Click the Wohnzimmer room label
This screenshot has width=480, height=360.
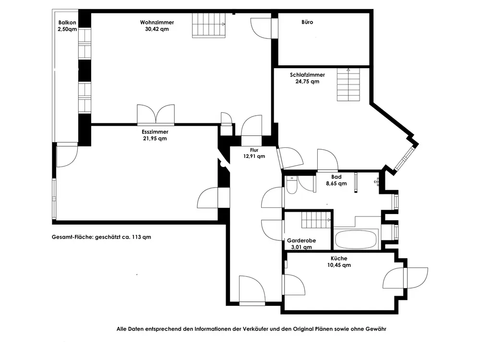[157, 23]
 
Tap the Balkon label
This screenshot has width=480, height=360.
[67, 23]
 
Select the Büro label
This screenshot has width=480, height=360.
[307, 22]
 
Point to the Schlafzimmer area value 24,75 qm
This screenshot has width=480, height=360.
[307, 82]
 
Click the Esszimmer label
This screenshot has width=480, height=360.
[155, 132]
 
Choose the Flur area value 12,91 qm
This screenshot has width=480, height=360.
[254, 156]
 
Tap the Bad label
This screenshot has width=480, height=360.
[336, 177]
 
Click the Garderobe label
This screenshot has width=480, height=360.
[301, 240]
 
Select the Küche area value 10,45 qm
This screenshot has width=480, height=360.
[339, 265]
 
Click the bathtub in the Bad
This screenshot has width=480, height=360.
[356, 240]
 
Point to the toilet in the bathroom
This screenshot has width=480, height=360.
[291, 185]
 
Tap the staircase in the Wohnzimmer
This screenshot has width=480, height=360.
[209, 25]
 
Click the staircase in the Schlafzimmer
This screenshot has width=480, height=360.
[348, 84]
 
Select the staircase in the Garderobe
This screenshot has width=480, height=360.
[316, 220]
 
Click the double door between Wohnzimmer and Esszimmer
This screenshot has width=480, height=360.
[156, 115]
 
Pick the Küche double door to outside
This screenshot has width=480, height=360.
[405, 278]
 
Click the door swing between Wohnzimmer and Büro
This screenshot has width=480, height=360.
[261, 28]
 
